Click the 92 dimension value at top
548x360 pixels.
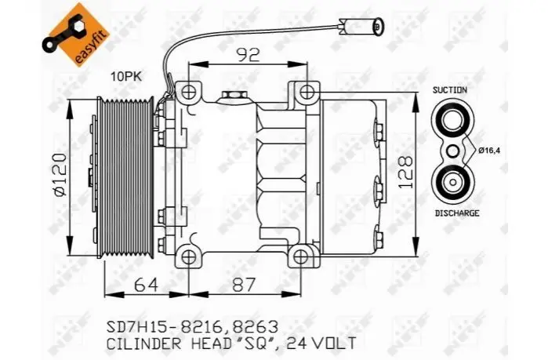[249, 55]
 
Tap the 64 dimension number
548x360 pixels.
[147, 285]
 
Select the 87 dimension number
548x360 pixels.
[244, 285]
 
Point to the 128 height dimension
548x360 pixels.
[406, 173]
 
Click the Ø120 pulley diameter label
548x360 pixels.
[60, 175]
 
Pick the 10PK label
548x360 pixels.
[126, 76]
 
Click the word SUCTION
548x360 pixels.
[449, 90]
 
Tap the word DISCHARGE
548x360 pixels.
[457, 213]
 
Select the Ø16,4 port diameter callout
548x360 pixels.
[490, 151]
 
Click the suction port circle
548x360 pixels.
[452, 120]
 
